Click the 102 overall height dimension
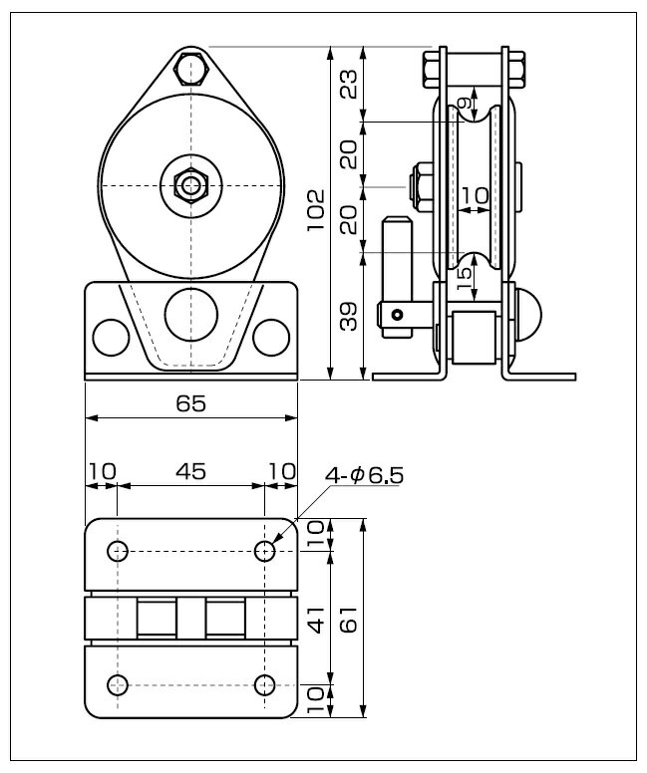coord(315,209)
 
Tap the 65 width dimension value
coord(191,403)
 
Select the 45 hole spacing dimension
coord(191,472)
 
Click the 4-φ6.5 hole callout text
coord(364,476)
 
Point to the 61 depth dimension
coord(348,619)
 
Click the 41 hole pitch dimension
coord(316,620)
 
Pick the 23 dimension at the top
coord(348,85)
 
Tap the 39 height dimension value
coord(348,316)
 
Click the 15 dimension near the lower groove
coord(464,279)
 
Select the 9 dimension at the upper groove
coord(464,103)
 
